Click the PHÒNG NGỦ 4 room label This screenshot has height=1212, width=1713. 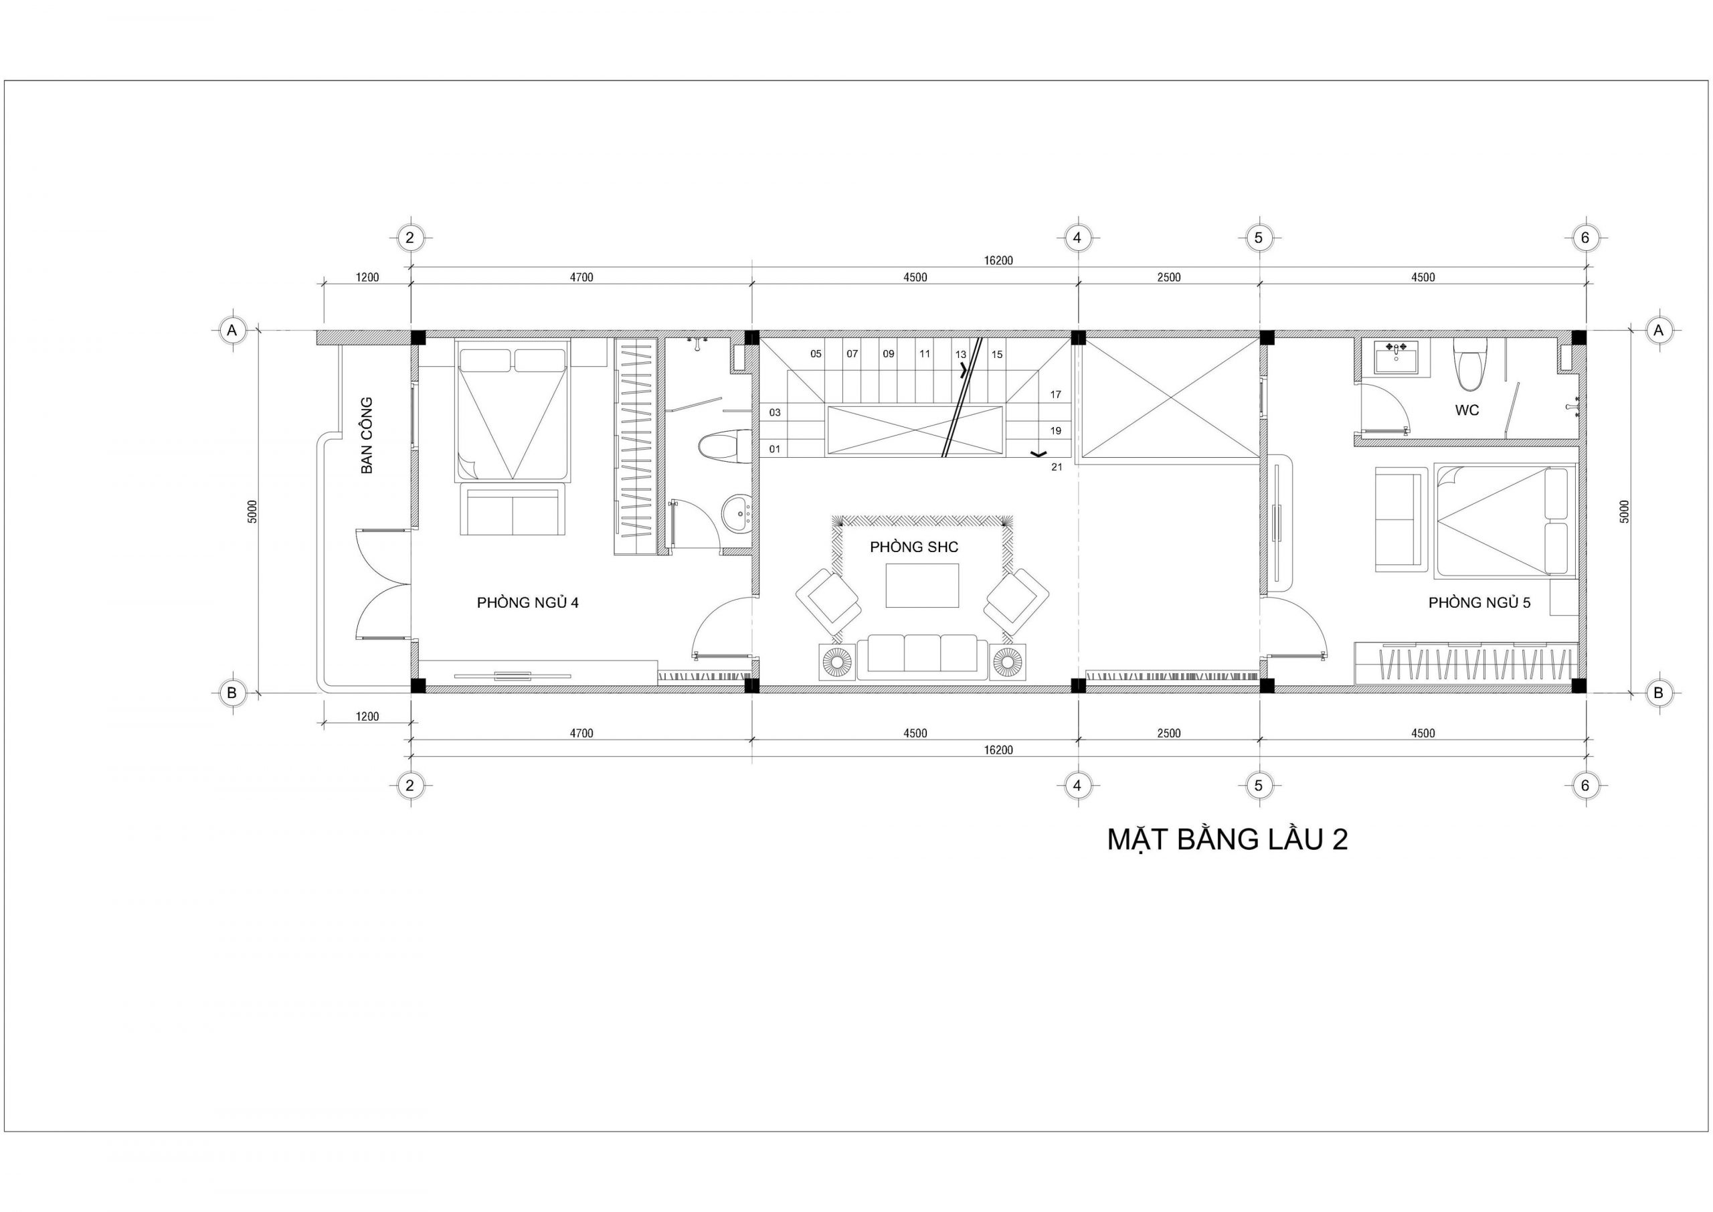527,602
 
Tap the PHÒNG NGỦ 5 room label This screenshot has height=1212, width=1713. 1479,602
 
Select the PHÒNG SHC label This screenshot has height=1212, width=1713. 914,547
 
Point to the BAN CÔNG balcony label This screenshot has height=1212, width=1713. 366,435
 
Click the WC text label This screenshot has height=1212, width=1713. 1467,410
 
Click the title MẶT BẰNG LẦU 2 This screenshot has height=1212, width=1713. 1227,840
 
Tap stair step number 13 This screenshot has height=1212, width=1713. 960,355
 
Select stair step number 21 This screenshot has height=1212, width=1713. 1057,467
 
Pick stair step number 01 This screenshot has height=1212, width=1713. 774,449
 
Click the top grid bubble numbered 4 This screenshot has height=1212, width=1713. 1077,238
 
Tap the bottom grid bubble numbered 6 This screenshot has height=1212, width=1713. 1585,785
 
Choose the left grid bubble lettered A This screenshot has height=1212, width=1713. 232,330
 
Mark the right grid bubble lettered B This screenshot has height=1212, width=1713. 1659,693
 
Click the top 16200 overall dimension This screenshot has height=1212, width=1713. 998,260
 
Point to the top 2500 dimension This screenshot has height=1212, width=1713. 1168,278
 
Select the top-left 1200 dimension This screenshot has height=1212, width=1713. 367,278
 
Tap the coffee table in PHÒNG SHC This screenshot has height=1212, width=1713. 922,586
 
